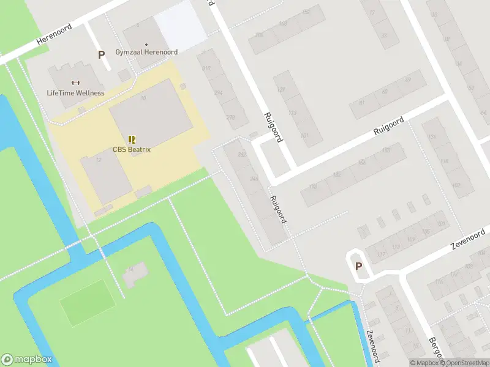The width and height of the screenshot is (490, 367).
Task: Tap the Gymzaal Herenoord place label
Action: click(x=146, y=53)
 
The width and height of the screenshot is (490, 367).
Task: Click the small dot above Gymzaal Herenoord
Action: click(x=146, y=45)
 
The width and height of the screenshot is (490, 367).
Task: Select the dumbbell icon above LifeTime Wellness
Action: click(x=75, y=83)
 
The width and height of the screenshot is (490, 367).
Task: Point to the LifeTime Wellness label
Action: click(x=75, y=93)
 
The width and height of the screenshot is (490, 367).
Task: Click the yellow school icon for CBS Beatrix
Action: click(x=132, y=139)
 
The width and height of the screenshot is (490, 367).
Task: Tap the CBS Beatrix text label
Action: click(x=132, y=149)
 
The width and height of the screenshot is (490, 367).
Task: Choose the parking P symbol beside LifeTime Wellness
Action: click(x=101, y=54)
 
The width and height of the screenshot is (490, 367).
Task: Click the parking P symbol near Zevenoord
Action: click(x=358, y=266)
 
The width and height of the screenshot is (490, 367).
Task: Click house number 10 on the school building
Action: click(x=143, y=98)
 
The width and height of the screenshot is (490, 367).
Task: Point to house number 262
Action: click(x=242, y=154)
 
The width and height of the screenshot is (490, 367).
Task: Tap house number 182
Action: click(x=336, y=175)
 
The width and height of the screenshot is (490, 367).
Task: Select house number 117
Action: click(x=382, y=254)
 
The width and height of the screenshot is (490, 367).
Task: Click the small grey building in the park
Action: click(x=134, y=275)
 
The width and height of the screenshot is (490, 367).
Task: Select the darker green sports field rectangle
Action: click(x=88, y=302)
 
